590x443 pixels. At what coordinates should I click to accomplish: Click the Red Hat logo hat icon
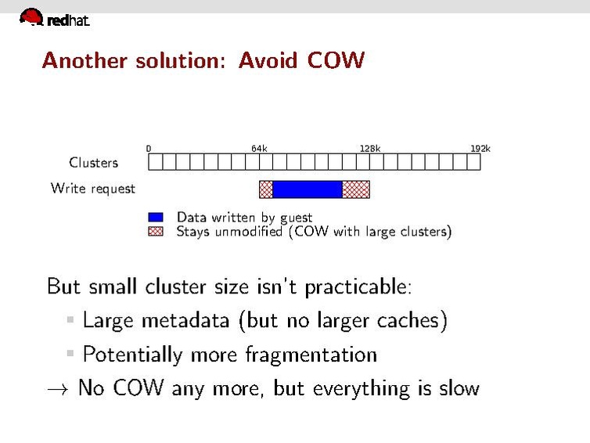(x=31, y=16)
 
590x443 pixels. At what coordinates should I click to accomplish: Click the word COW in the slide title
(x=336, y=60)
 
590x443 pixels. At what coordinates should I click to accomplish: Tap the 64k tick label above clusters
(x=259, y=148)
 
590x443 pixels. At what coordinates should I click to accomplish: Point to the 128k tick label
(x=369, y=148)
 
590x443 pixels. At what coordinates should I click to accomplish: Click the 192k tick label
(x=480, y=148)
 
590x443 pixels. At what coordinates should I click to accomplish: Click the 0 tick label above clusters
(x=149, y=148)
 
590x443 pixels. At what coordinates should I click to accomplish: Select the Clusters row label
(x=93, y=163)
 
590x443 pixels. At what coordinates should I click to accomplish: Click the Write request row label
(x=92, y=189)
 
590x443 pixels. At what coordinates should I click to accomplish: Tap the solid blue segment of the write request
(x=307, y=189)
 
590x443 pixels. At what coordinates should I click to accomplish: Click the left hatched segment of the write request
(x=266, y=189)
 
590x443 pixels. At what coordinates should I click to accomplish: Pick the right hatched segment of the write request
(x=356, y=189)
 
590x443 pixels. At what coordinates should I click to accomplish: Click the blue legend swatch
(x=156, y=218)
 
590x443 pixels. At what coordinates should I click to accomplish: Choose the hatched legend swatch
(x=156, y=232)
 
